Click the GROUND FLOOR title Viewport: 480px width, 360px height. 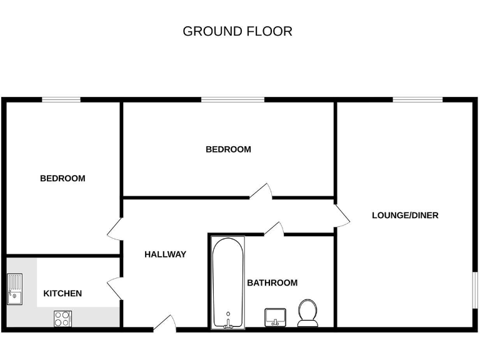(x=237, y=31)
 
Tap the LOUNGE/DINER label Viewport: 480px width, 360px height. (x=405, y=216)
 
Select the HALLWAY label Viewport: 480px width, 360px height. (x=165, y=254)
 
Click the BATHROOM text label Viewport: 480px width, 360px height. (x=272, y=283)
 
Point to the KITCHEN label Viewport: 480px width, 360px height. (x=62, y=294)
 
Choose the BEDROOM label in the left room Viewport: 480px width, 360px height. (x=62, y=179)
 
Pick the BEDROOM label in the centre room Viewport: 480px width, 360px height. (x=228, y=149)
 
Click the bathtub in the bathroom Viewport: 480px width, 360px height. (x=227, y=282)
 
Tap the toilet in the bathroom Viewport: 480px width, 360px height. (x=307, y=312)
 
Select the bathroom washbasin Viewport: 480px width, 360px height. (x=275, y=317)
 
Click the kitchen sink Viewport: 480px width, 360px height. (x=14, y=289)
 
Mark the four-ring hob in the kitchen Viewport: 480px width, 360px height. (x=62, y=319)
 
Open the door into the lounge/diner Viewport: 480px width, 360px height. (x=342, y=216)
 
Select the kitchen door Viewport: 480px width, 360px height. (x=115, y=287)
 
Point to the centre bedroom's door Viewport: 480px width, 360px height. (x=262, y=191)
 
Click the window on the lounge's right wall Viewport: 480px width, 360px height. (x=474, y=290)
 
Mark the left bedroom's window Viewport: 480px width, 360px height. (x=61, y=99)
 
